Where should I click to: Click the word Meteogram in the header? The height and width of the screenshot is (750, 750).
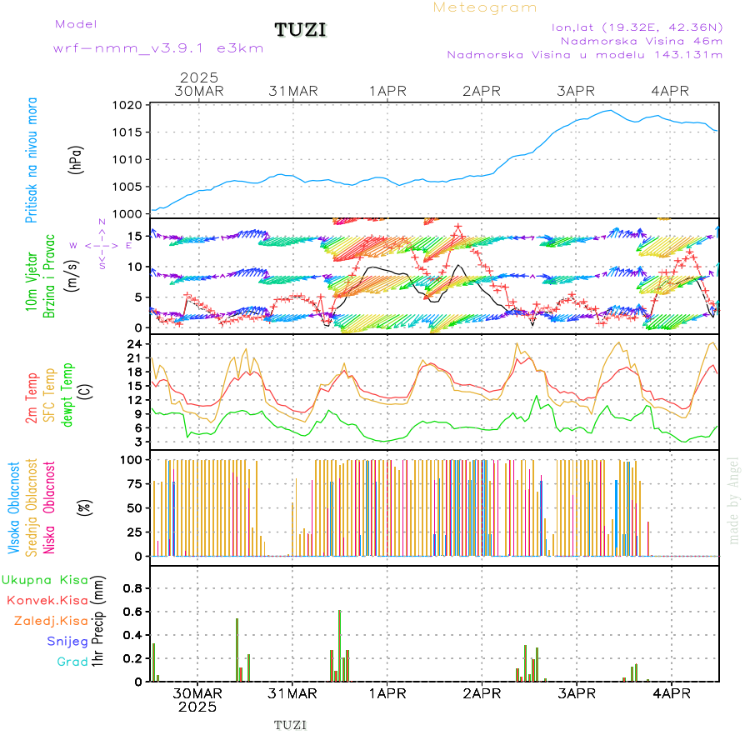click(x=485, y=7)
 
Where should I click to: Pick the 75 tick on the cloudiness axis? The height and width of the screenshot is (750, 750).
click(x=133, y=483)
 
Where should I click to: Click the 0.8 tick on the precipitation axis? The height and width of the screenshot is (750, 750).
click(x=133, y=588)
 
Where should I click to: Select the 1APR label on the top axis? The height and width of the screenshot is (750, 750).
click(x=388, y=91)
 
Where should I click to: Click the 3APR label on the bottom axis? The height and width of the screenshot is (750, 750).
click(x=577, y=693)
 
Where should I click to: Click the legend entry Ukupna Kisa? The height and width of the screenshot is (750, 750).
click(x=45, y=579)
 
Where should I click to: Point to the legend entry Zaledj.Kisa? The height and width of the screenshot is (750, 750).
click(x=51, y=620)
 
